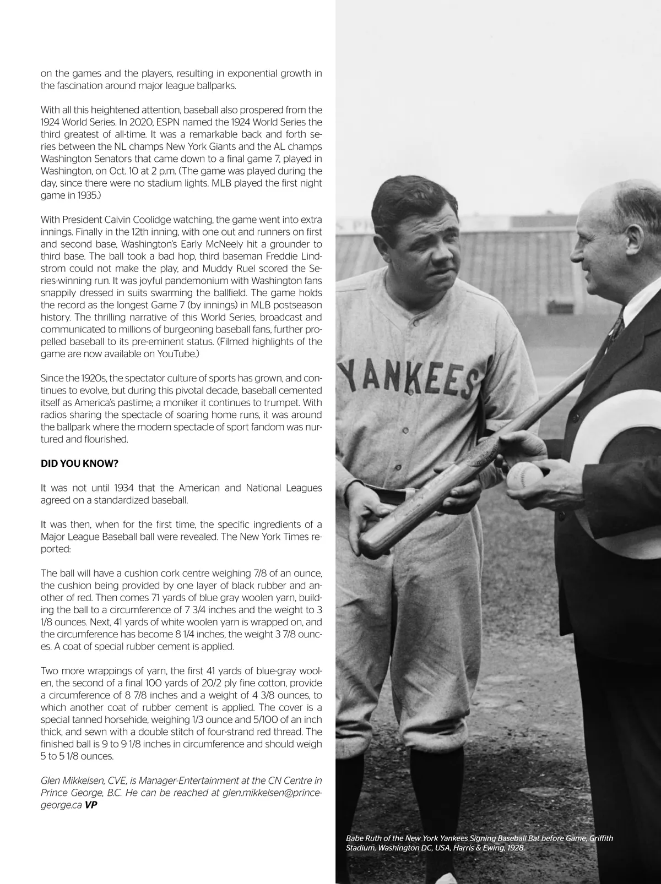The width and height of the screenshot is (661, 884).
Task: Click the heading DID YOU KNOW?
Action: point(79,463)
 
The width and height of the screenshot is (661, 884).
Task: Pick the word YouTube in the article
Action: point(176,354)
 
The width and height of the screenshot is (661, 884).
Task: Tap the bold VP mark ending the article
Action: point(94,804)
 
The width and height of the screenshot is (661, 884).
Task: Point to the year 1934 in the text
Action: point(115,488)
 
